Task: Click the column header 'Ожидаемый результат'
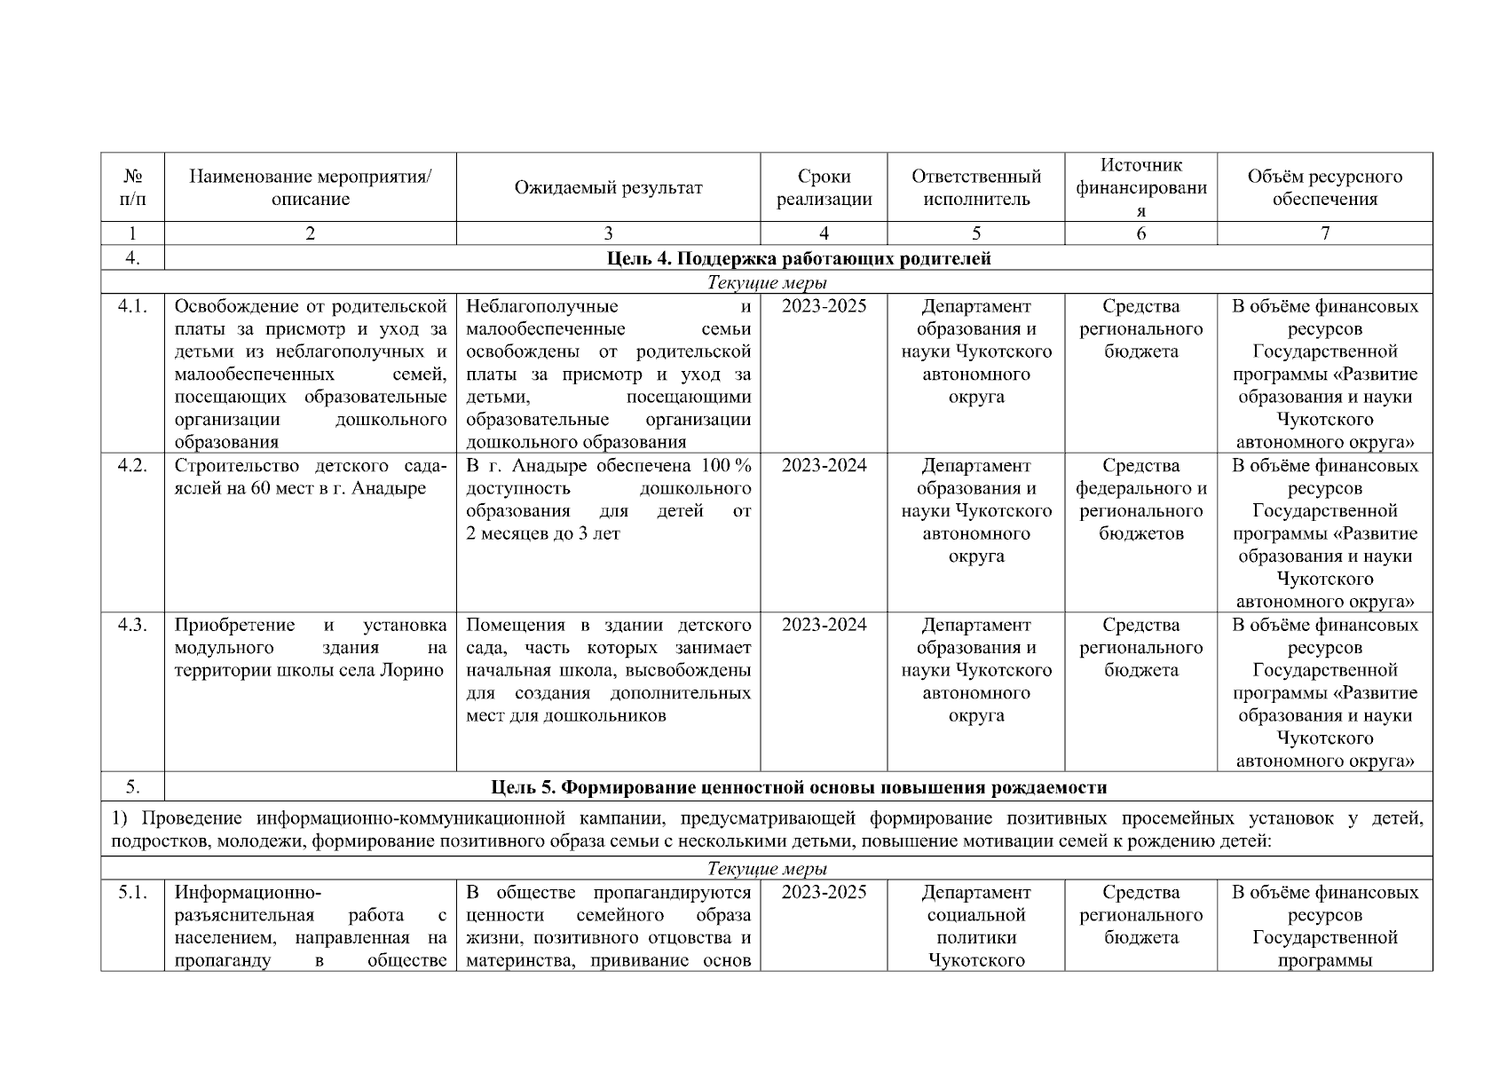coord(608,187)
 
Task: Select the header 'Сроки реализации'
coord(824,187)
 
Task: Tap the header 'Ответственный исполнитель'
coord(975,187)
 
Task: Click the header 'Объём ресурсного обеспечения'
coord(1324,187)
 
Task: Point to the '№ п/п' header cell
coord(132,187)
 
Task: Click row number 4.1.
coord(132,307)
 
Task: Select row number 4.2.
coord(132,466)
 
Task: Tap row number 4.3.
coord(132,625)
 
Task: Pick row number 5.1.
coord(132,892)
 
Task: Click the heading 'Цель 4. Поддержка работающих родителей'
coord(799,258)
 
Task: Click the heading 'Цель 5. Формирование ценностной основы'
coord(799,787)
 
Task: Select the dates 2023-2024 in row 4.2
coord(824,466)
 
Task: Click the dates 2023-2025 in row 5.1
coord(824,892)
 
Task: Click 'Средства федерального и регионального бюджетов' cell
coord(1140,500)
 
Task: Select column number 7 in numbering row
coord(1324,233)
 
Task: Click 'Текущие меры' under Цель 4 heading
coord(767,283)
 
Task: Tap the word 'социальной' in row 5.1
coord(975,915)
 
